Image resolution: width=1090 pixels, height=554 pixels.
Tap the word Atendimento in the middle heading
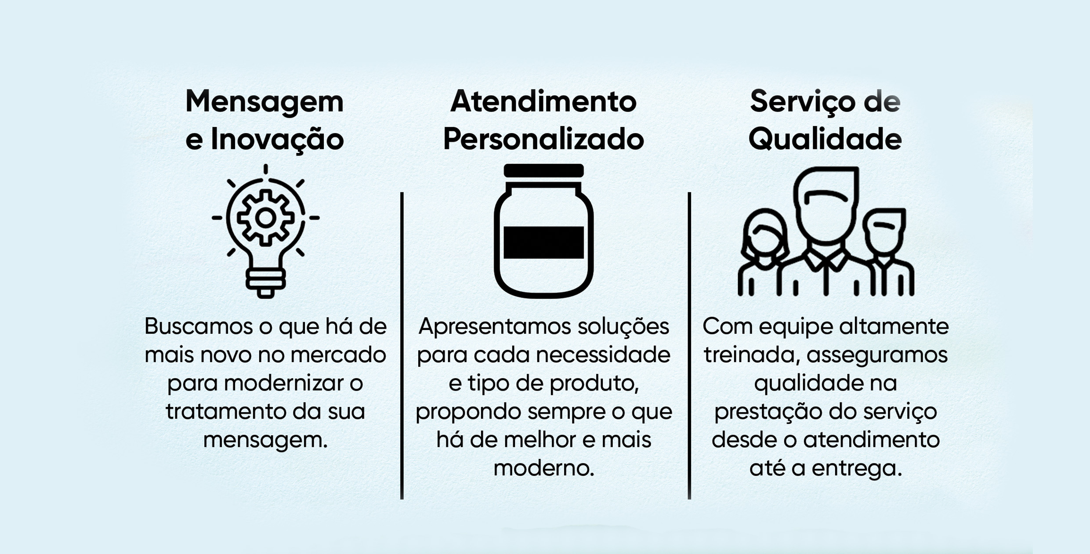click(x=543, y=101)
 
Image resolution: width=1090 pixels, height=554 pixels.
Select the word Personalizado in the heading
click(x=543, y=139)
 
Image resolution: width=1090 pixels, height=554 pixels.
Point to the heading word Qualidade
click(x=825, y=139)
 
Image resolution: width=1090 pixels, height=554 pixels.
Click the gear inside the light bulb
click(x=265, y=218)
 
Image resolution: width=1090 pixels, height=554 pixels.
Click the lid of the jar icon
click(x=544, y=170)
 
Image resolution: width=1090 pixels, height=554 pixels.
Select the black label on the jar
click(x=544, y=243)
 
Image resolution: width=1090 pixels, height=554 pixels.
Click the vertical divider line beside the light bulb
click(x=402, y=345)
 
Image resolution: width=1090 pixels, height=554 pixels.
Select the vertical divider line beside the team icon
click(x=689, y=345)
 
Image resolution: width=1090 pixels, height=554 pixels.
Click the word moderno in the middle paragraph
click(x=544, y=468)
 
